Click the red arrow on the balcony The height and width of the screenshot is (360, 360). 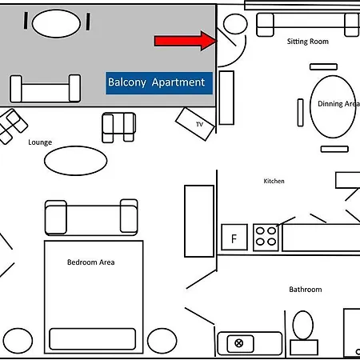tap(186, 41)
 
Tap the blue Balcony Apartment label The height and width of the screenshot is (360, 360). tap(159, 83)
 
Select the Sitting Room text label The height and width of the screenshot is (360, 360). tap(308, 42)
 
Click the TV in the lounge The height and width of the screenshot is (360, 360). tap(195, 124)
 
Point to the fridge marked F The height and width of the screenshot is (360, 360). tap(234, 237)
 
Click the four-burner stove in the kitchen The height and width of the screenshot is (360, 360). tap(266, 237)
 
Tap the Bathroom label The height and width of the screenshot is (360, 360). tap(306, 290)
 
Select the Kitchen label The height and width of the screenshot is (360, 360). tap(274, 181)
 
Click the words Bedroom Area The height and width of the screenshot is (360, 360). tap(91, 262)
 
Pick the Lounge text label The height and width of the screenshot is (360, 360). tap(40, 142)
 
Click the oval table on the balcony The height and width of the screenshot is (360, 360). tap(56, 23)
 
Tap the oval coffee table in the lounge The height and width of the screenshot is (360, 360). tap(76, 161)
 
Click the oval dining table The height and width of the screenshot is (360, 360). tap(333, 106)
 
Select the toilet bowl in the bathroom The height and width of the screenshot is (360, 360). tap(303, 325)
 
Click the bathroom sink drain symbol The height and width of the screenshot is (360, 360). tap(239, 343)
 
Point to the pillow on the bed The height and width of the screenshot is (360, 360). tap(93, 338)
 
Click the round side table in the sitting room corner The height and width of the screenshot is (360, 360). tap(235, 24)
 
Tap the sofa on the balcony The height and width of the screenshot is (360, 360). tap(46, 89)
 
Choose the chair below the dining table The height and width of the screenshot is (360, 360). tap(334, 149)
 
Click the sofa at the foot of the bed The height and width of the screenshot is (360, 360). tap(91, 218)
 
